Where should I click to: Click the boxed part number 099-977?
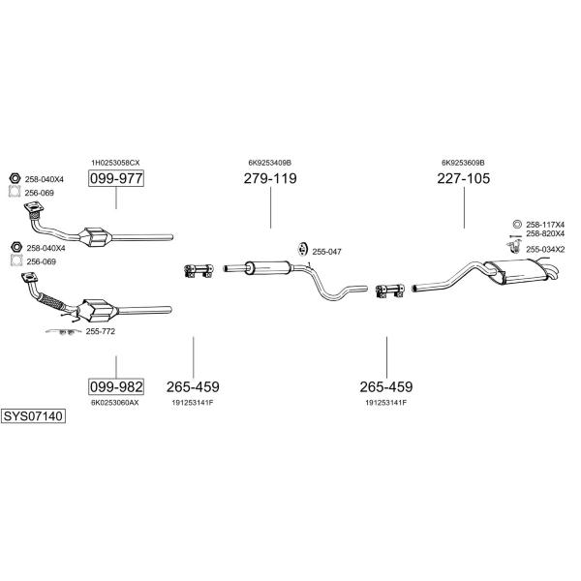coord(116,178)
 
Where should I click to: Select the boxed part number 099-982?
coord(116,386)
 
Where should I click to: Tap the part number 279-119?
coord(270,178)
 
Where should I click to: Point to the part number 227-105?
coord(464,178)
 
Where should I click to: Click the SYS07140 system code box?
coord(33,416)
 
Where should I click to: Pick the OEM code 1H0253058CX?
coord(115,163)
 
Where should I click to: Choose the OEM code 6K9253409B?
coord(270,163)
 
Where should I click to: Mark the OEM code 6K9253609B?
coord(463,163)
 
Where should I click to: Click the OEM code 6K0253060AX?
coord(115,403)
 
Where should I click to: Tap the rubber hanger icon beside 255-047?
coord(303,250)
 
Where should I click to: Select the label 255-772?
coord(101,331)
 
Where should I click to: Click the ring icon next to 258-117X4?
coord(517,225)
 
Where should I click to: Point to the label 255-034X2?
coord(545,250)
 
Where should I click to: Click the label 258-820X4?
coord(545,233)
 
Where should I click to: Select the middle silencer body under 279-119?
coord(267,267)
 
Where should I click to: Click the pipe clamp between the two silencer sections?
coord(389,290)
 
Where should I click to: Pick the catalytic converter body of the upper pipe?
coord(97,237)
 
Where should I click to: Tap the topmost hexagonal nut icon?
coord(15,178)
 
